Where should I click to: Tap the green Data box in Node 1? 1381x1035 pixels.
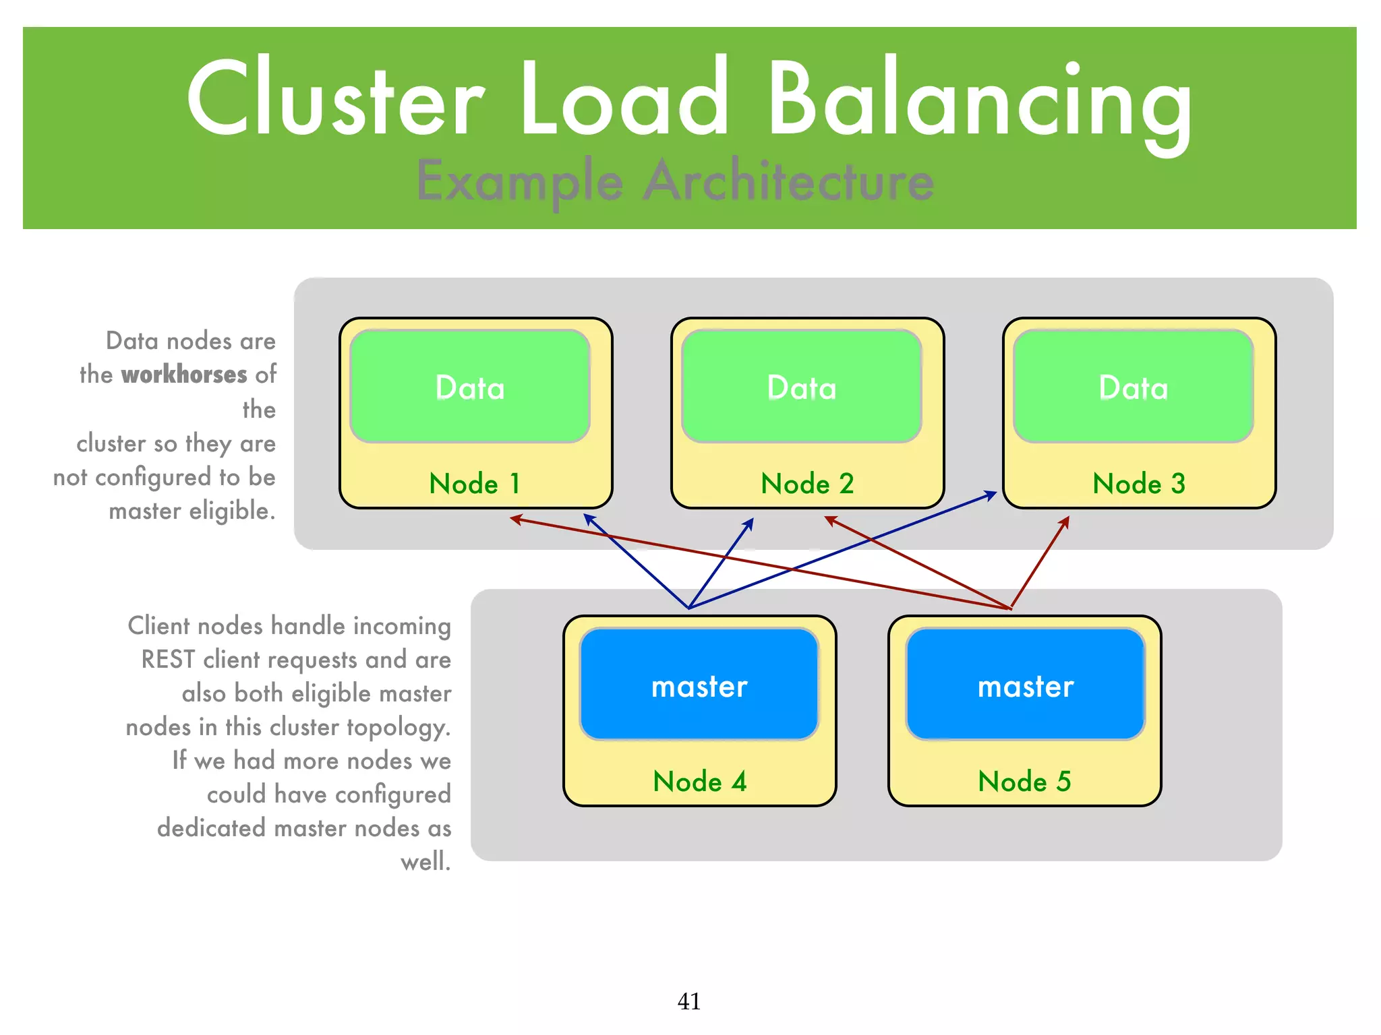coord(470,387)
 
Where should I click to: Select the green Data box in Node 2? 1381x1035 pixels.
coord(802,387)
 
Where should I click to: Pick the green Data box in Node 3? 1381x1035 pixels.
coord(1134,387)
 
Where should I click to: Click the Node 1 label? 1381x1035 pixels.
coord(475,484)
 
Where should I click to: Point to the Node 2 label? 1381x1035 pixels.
coord(807,484)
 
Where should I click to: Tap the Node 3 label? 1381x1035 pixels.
coord(1139,484)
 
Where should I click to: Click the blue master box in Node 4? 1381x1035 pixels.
coord(699,685)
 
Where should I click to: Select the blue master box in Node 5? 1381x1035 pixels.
coord(1026,685)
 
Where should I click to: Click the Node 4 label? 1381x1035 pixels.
coord(699,782)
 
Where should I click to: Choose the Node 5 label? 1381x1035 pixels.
coord(1024,782)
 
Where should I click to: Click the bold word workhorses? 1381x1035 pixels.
coord(184,375)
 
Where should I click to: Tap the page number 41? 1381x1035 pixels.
coord(688,1001)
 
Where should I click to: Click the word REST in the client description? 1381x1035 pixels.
coord(168,660)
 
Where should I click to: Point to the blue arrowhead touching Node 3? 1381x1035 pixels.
coord(991,495)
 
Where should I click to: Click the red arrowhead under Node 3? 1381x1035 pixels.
coord(1065,522)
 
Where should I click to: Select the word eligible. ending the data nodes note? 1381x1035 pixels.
coord(232,511)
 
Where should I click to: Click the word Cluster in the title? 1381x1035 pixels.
coord(335,101)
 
